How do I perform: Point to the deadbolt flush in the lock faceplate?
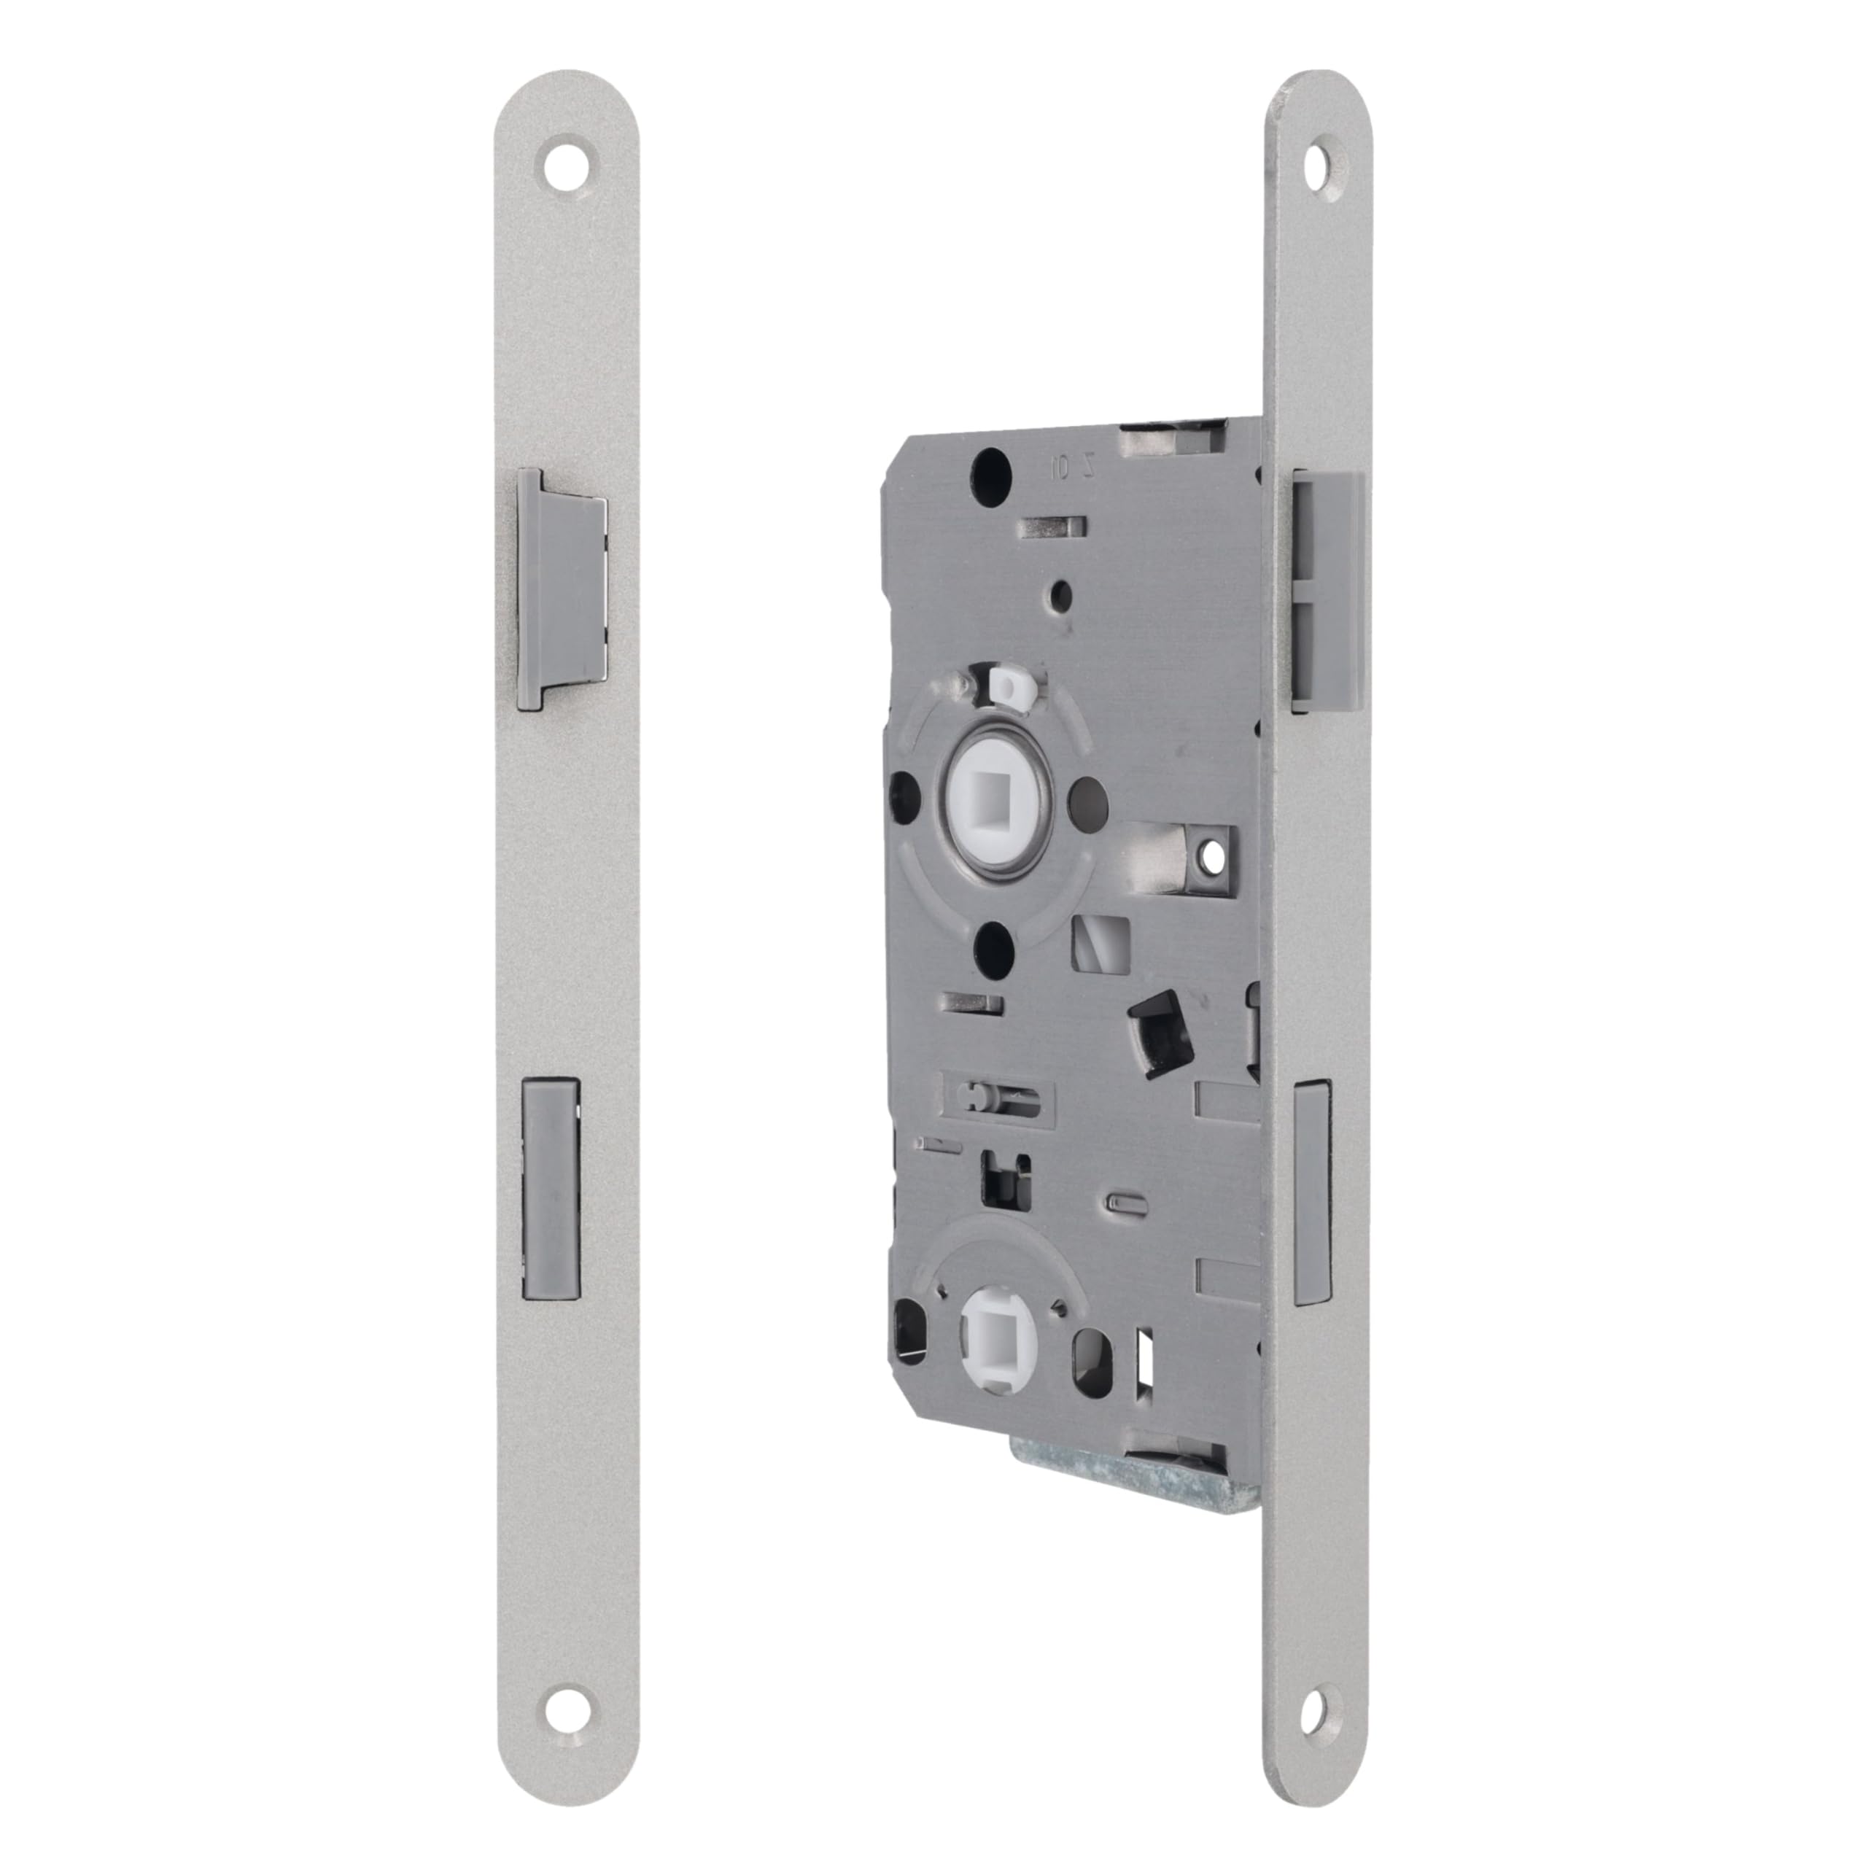(1311, 1192)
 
